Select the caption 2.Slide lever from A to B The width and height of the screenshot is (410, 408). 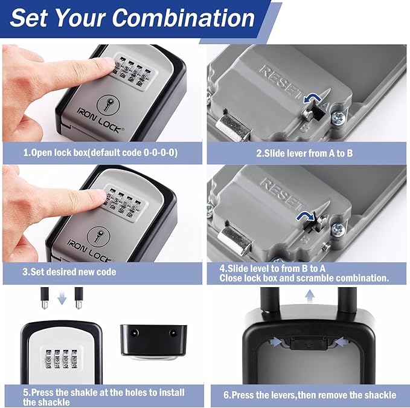click(304, 154)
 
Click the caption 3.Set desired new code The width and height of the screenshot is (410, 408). click(69, 272)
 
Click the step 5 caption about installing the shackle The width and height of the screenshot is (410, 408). click(103, 397)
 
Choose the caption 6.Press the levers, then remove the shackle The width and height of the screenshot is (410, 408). click(310, 395)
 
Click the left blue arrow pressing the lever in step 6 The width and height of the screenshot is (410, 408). click(274, 343)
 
